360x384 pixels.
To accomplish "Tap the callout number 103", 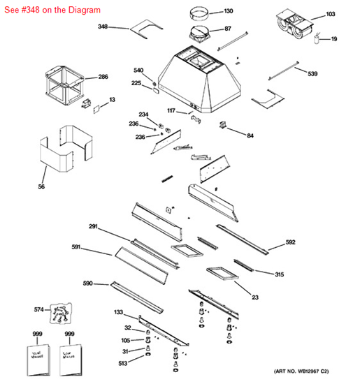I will [331, 14].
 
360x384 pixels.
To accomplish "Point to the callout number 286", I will [103, 77].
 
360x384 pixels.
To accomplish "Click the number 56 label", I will [41, 186].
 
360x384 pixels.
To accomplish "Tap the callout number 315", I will [279, 274].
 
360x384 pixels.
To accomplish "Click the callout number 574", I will [38, 309].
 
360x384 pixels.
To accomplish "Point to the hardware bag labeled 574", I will [61, 315].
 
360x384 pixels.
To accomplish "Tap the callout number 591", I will [76, 247].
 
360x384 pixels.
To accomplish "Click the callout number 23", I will [255, 297].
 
